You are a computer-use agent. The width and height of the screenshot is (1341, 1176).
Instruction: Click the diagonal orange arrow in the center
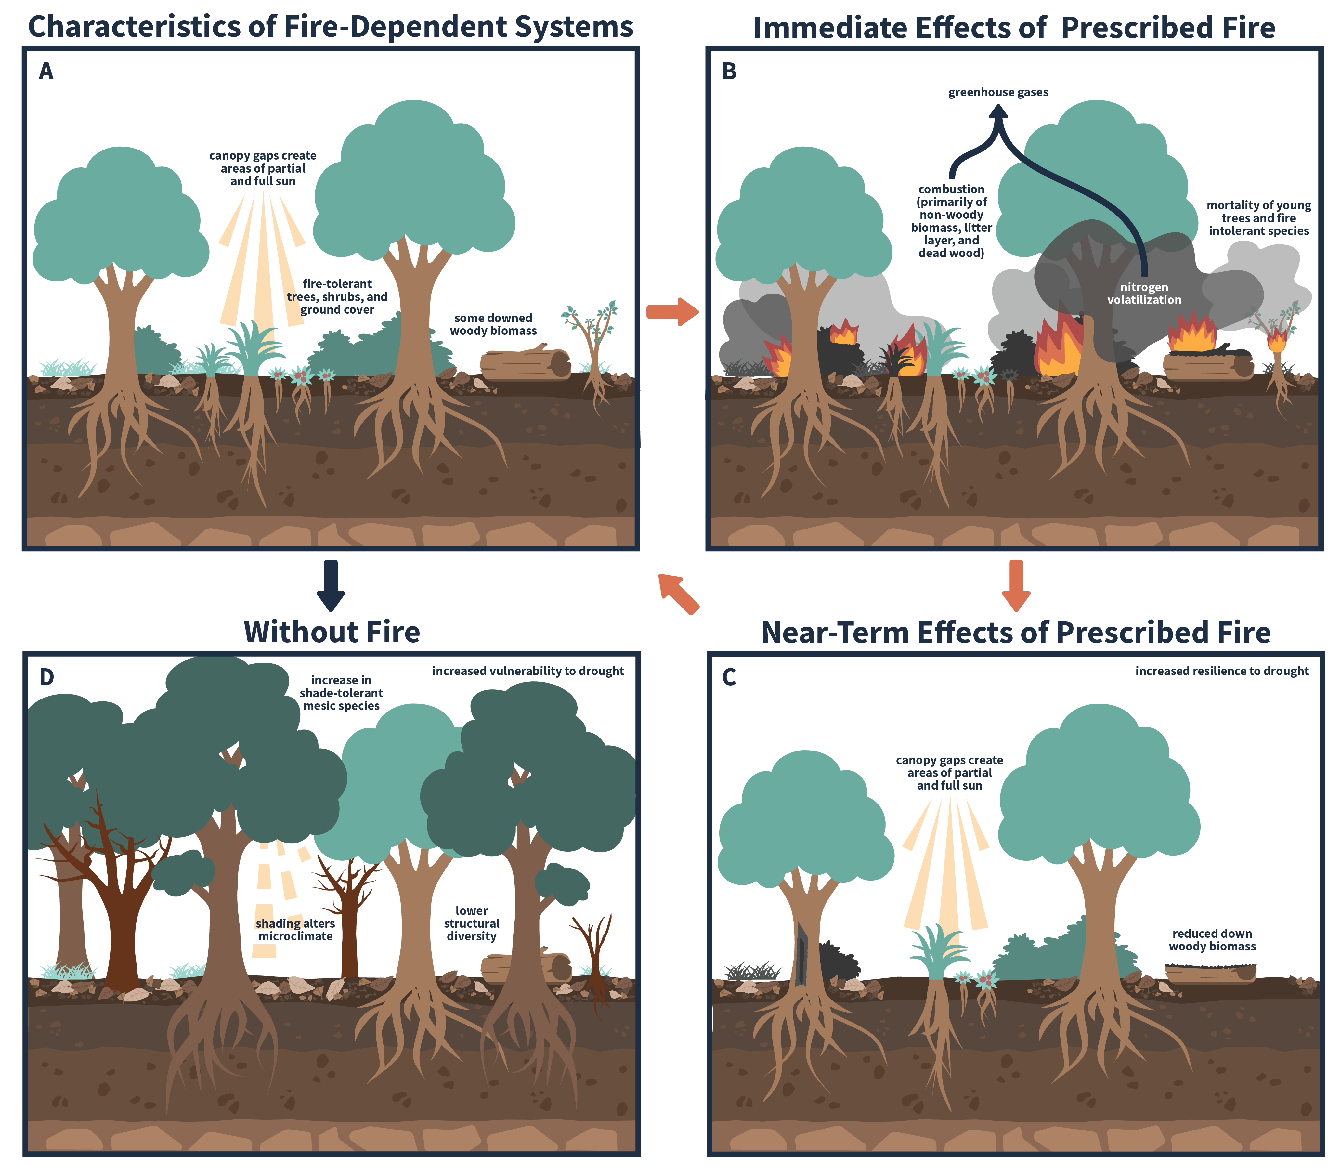point(678,594)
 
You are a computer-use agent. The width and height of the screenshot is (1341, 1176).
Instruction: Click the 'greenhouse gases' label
point(998,93)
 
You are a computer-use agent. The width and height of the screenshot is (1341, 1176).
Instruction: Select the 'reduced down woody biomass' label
point(1212,940)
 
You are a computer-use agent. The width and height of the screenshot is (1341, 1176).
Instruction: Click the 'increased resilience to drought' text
point(1222,671)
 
